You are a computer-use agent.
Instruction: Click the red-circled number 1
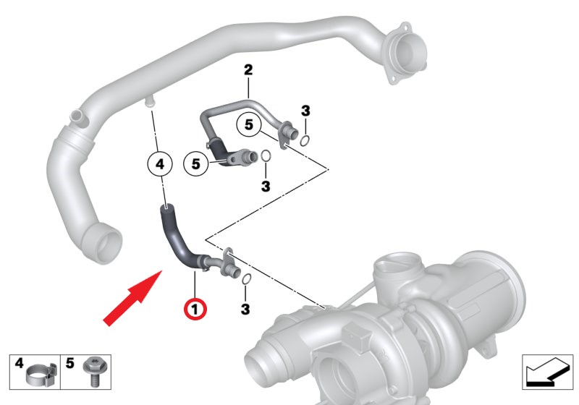pos(195,309)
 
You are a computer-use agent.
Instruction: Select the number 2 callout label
pos(248,69)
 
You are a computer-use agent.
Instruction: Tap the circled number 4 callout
pos(159,163)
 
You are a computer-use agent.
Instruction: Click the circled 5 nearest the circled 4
pos(196,163)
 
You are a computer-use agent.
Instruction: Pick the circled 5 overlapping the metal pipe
pos(249,124)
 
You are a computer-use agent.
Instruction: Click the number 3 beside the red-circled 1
pos(245,309)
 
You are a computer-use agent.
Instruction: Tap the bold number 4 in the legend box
pos(19,363)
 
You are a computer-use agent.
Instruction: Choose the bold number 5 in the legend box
pos(69,363)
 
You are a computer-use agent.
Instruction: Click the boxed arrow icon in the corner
pos(548,372)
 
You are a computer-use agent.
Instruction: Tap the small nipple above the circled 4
pos(150,102)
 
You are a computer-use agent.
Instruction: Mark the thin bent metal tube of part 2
pos(237,111)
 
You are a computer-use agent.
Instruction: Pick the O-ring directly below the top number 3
pos(305,140)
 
